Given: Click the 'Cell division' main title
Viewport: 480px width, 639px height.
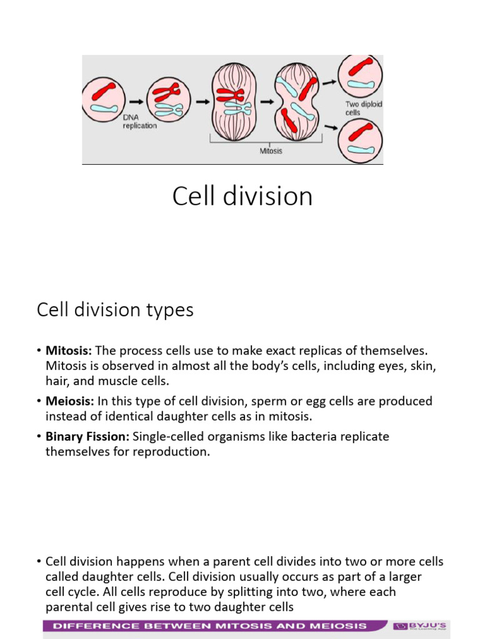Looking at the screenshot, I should pos(242,197).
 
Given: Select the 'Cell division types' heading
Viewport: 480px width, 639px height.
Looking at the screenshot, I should pos(115,310).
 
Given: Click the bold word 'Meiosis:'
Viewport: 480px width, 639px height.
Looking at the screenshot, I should pos(70,401).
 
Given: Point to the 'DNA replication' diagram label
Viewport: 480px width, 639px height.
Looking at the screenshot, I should pos(139,122).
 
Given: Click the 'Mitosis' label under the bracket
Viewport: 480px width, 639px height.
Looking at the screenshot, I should pos(271,150).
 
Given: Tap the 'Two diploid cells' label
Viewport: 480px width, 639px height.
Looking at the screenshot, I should pos(362,109).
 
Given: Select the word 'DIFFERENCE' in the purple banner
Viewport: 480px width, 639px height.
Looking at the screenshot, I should pos(92,625).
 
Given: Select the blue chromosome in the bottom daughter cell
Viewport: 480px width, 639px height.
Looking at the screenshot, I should pos(361,150).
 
